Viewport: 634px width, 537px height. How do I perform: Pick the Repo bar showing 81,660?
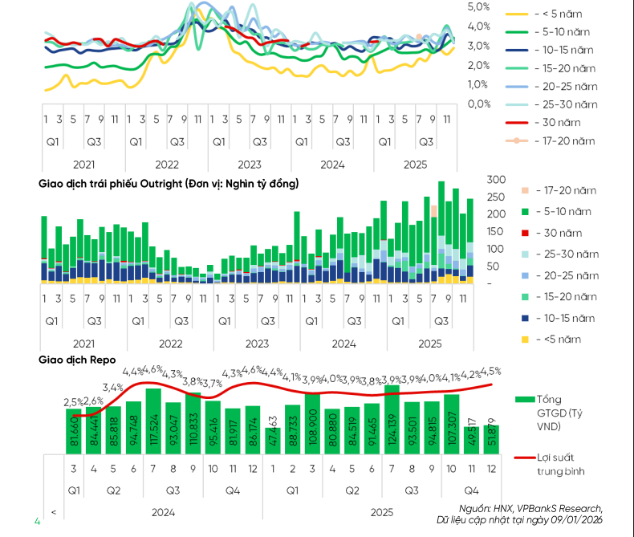click(73, 430)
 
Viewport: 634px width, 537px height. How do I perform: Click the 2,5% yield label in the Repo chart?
click(71, 401)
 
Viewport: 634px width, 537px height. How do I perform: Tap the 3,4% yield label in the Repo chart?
click(112, 388)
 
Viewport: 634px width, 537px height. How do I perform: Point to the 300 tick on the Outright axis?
click(496, 179)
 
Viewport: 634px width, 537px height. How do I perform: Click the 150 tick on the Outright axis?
click(496, 232)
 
